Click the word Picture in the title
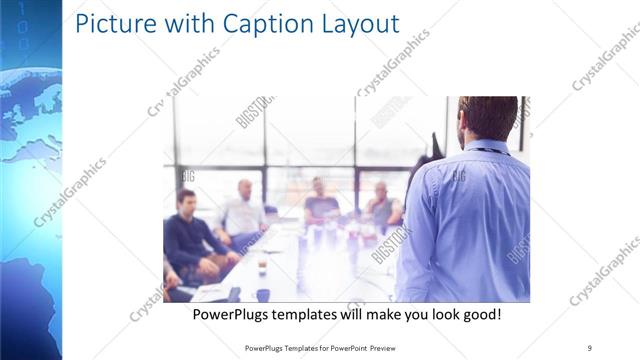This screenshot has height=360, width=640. point(113,23)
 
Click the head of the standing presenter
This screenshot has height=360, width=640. point(487,118)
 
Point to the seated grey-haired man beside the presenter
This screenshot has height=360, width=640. point(381,205)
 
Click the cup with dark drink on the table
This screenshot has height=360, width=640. point(262,268)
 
